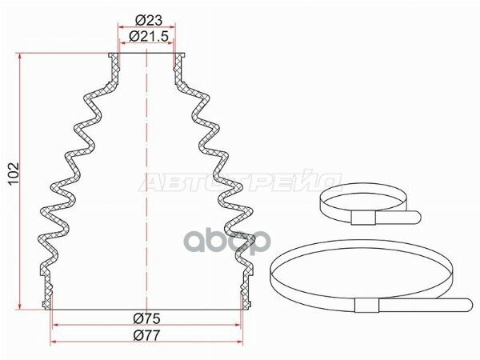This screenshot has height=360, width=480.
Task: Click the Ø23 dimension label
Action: [149, 21]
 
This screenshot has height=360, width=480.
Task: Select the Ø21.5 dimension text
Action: [149, 37]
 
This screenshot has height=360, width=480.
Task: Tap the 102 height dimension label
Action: [14, 174]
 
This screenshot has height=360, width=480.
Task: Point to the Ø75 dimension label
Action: [147, 319]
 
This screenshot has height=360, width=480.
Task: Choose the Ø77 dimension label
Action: [147, 336]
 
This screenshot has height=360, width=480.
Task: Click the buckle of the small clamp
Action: [363, 218]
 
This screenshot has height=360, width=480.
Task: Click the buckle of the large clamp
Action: [366, 305]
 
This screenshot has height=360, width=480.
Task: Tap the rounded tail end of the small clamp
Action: [417, 218]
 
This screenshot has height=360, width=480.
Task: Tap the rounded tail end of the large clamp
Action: [468, 306]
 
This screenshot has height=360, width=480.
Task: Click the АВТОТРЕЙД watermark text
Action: [241, 182]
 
